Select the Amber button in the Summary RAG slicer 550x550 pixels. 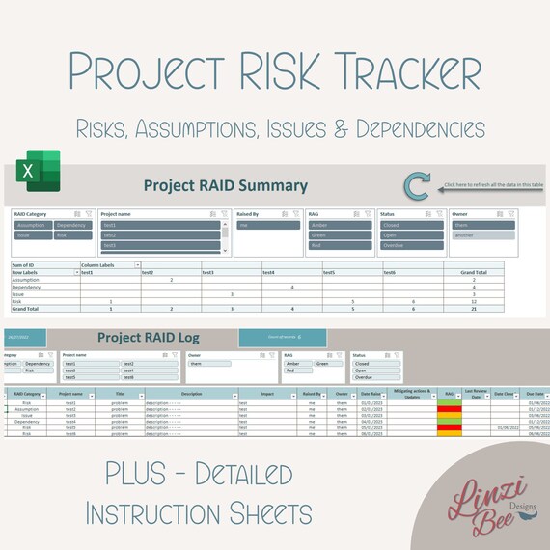point(341,225)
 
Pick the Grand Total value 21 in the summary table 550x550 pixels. point(474,308)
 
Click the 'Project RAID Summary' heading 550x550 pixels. point(225,186)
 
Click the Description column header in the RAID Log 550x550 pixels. point(191,394)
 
